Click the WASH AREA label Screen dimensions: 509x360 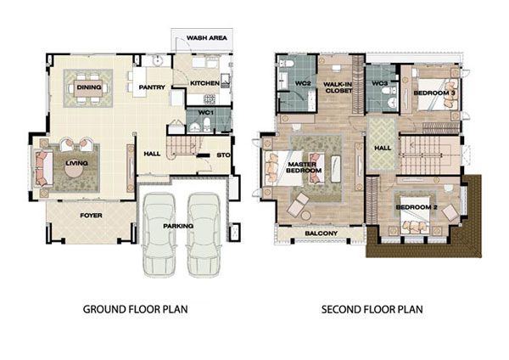207,38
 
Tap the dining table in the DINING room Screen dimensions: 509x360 88,88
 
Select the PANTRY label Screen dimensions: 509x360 152,87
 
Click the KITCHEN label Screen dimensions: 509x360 204,83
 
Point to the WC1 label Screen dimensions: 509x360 206,113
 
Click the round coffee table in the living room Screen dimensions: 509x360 76,169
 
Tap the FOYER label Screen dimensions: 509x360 92,216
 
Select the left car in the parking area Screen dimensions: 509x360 159,234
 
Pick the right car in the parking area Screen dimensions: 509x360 204,234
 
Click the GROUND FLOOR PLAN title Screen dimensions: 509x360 136,309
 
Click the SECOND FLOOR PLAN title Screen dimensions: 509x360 372,309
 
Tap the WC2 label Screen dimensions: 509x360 303,83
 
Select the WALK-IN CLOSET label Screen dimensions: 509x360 338,87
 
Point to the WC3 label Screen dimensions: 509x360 380,83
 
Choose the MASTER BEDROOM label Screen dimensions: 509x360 302,167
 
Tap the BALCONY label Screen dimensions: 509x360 322,233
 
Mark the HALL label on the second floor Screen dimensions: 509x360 383,148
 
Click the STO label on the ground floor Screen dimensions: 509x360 223,155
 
